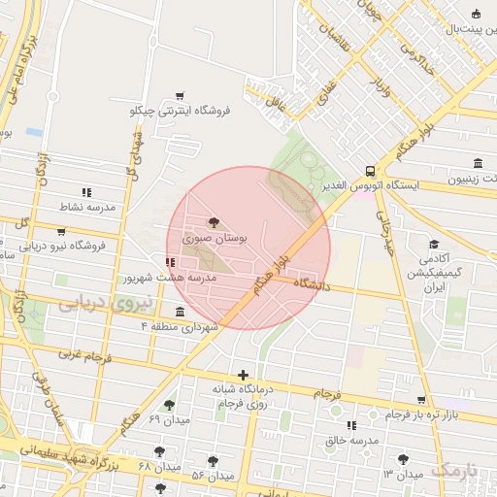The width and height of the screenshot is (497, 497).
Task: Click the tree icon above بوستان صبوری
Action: pos(214,222)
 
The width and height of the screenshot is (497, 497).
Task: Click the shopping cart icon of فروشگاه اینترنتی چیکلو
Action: pos(180,96)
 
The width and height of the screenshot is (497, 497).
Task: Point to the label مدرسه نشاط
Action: pos(88,208)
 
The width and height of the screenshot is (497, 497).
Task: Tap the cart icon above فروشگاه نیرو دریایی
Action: pos(62,232)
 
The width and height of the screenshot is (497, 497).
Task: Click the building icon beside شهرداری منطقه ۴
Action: pos(180,312)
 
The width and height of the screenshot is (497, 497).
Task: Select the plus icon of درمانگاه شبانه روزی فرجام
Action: pos(243,375)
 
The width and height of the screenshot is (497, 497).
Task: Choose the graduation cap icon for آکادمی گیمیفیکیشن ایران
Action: pos(434,244)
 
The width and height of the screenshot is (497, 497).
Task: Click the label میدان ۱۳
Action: pos(403,474)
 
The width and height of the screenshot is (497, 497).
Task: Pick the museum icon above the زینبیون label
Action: pos(477,163)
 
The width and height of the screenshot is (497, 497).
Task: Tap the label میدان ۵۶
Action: pos(214,476)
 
